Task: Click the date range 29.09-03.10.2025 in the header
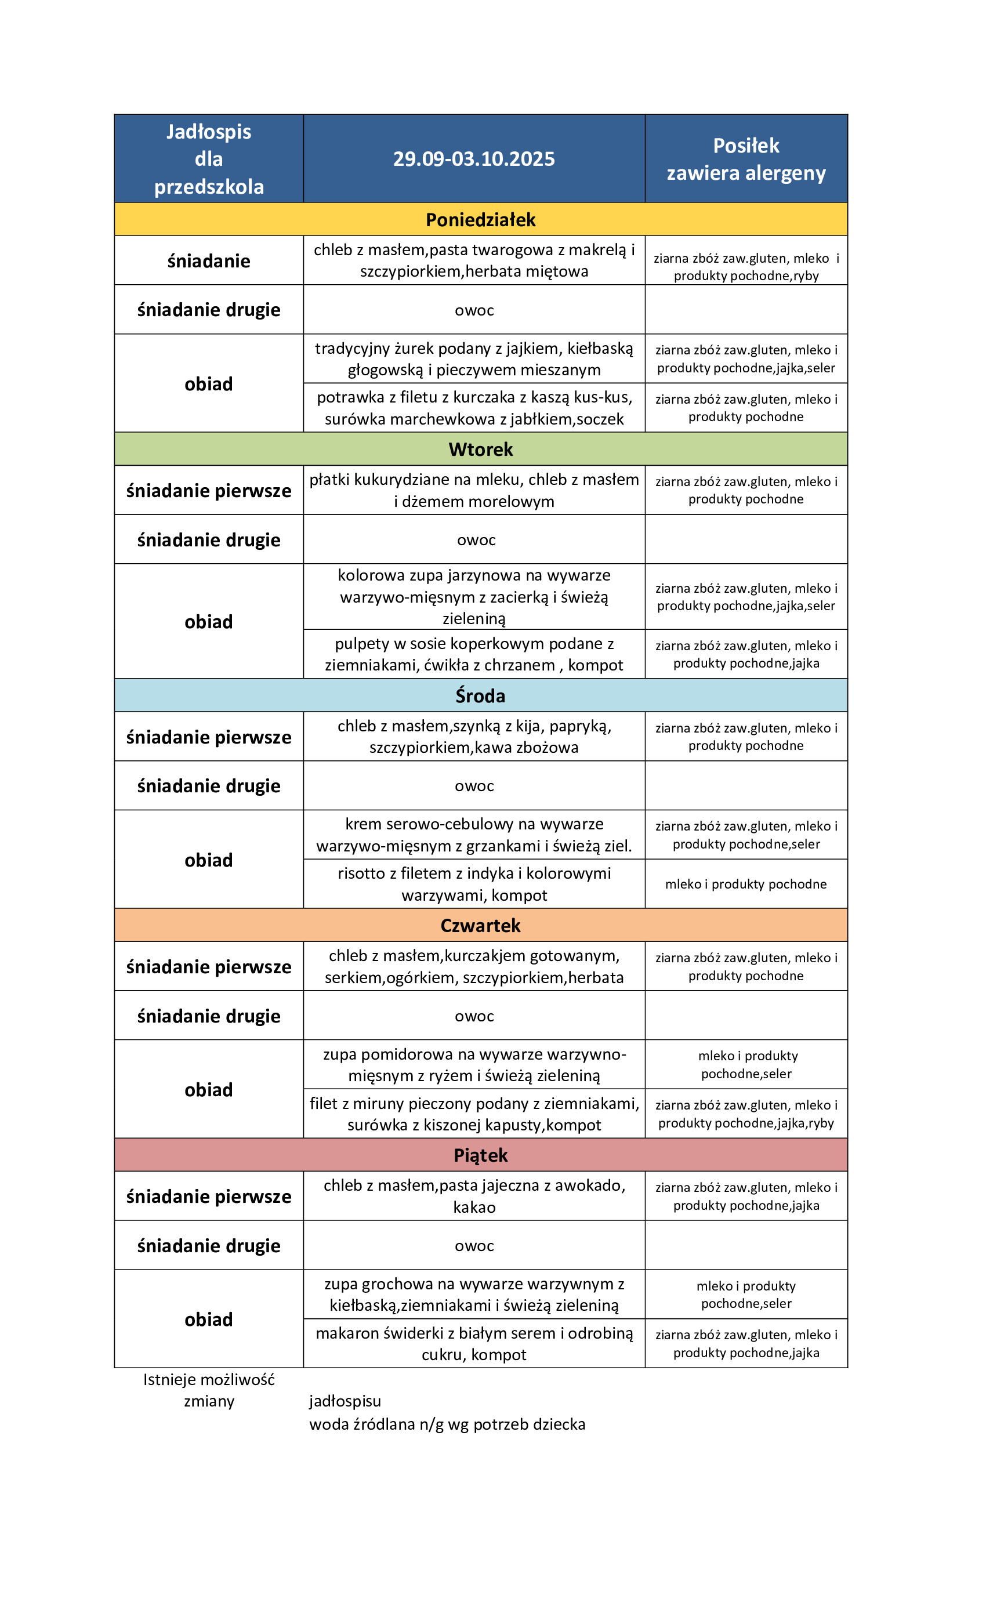coord(474,159)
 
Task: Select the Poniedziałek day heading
coord(480,219)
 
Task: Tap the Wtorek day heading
coord(480,449)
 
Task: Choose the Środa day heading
coord(480,696)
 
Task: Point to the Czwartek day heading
coord(480,925)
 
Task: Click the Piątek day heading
coord(480,1155)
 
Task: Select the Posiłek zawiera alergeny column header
coord(746,159)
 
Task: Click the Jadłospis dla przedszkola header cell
coord(208,159)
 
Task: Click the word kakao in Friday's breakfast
coord(474,1208)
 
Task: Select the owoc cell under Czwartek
coord(474,1016)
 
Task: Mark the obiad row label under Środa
coord(208,860)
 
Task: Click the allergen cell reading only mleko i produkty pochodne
coord(746,884)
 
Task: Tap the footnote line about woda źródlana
coord(447,1424)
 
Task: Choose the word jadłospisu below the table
coord(345,1401)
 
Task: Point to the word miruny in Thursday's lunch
coord(382,1103)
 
